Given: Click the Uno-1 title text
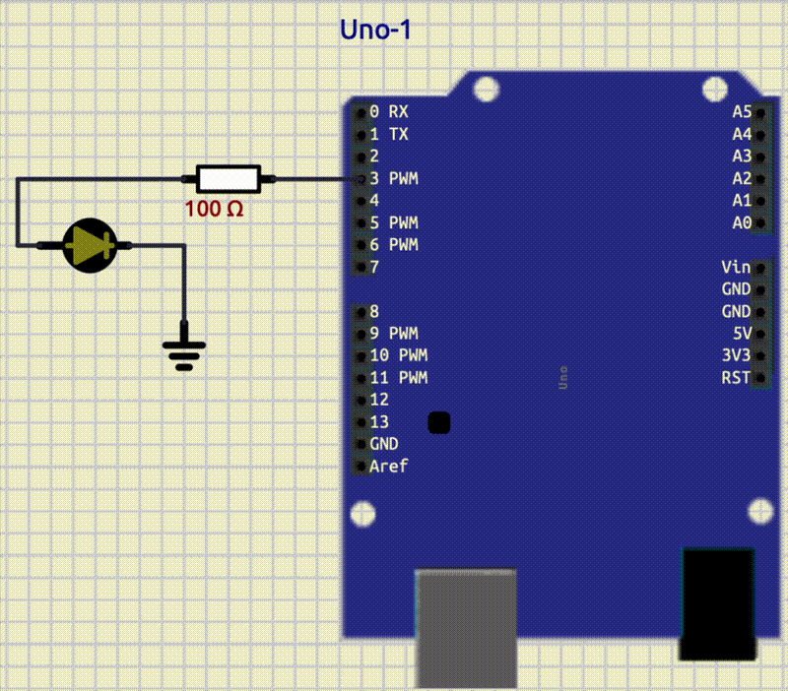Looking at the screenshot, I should pos(375,31).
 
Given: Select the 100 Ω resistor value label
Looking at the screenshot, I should pos(214,209).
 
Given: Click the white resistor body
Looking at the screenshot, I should pos(229,178).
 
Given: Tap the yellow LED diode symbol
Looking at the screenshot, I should pos(90,244).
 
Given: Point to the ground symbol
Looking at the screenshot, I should pos(184,351).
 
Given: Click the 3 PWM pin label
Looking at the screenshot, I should pos(394,178).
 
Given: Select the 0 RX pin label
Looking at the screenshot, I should pos(389,111).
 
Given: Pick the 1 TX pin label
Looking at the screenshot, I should pos(389,134).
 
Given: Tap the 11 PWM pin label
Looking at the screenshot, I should pos(399,377).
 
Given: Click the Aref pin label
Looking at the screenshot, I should pos(388,466).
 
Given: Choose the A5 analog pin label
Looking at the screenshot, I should pos(742,111).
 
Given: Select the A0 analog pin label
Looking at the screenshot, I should pos(742,222).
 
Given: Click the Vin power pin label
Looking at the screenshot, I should pos(736,267).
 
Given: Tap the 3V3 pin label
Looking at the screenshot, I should pos(736,355).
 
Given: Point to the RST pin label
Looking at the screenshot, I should pos(736,377).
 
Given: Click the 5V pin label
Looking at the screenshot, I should pos(741,333).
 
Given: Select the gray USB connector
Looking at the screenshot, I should pos(467,628).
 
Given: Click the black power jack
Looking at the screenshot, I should pos(718,603).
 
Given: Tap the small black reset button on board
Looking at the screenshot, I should pos(439,422).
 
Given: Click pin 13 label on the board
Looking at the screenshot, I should pos(379,421).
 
